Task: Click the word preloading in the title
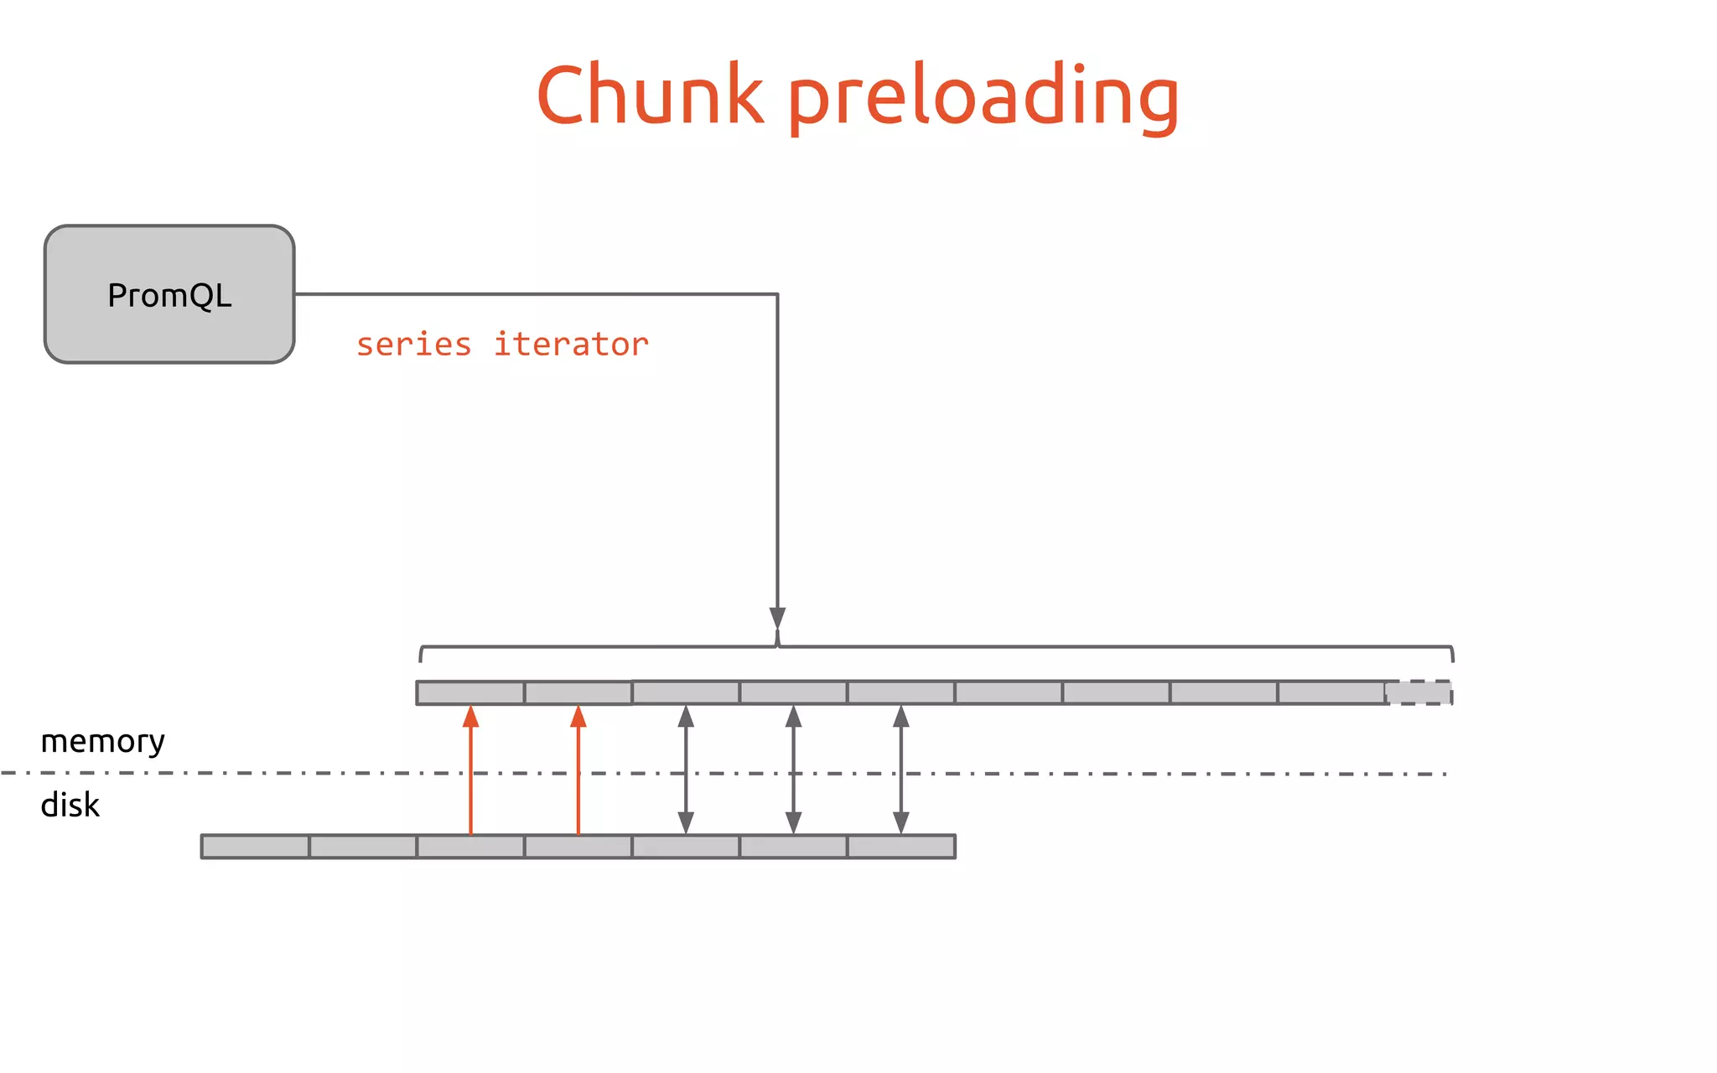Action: click(x=983, y=99)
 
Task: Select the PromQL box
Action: click(x=169, y=294)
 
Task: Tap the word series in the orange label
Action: click(x=413, y=345)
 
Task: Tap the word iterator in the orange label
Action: click(x=571, y=345)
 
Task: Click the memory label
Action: click(x=102, y=741)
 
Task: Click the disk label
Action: click(x=70, y=806)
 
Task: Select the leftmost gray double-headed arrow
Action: click(x=686, y=770)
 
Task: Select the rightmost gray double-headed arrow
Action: click(x=901, y=770)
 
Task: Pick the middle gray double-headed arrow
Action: click(x=793, y=770)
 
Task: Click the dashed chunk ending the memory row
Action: click(x=1419, y=692)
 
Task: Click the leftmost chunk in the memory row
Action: click(x=470, y=693)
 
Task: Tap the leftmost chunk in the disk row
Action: click(x=256, y=847)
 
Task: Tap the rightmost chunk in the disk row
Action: click(x=901, y=847)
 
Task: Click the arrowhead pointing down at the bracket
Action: click(x=777, y=618)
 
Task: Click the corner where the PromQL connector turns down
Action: click(x=777, y=294)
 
